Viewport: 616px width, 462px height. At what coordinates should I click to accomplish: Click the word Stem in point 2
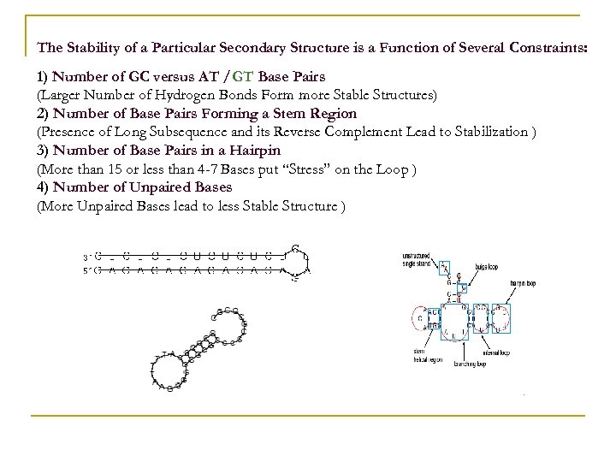297,114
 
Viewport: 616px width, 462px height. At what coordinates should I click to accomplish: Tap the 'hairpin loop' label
524,281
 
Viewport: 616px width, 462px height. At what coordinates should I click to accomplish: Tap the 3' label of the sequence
86,255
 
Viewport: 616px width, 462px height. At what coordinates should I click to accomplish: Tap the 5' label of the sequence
86,271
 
